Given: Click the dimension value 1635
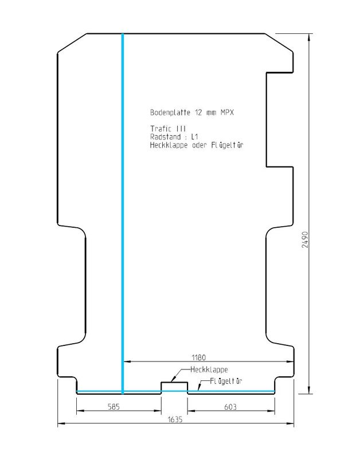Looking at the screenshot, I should click(176, 419).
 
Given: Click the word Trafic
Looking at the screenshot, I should click(159, 130).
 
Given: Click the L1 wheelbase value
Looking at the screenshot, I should click(195, 138).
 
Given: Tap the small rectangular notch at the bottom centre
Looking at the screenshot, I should click(174, 386).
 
